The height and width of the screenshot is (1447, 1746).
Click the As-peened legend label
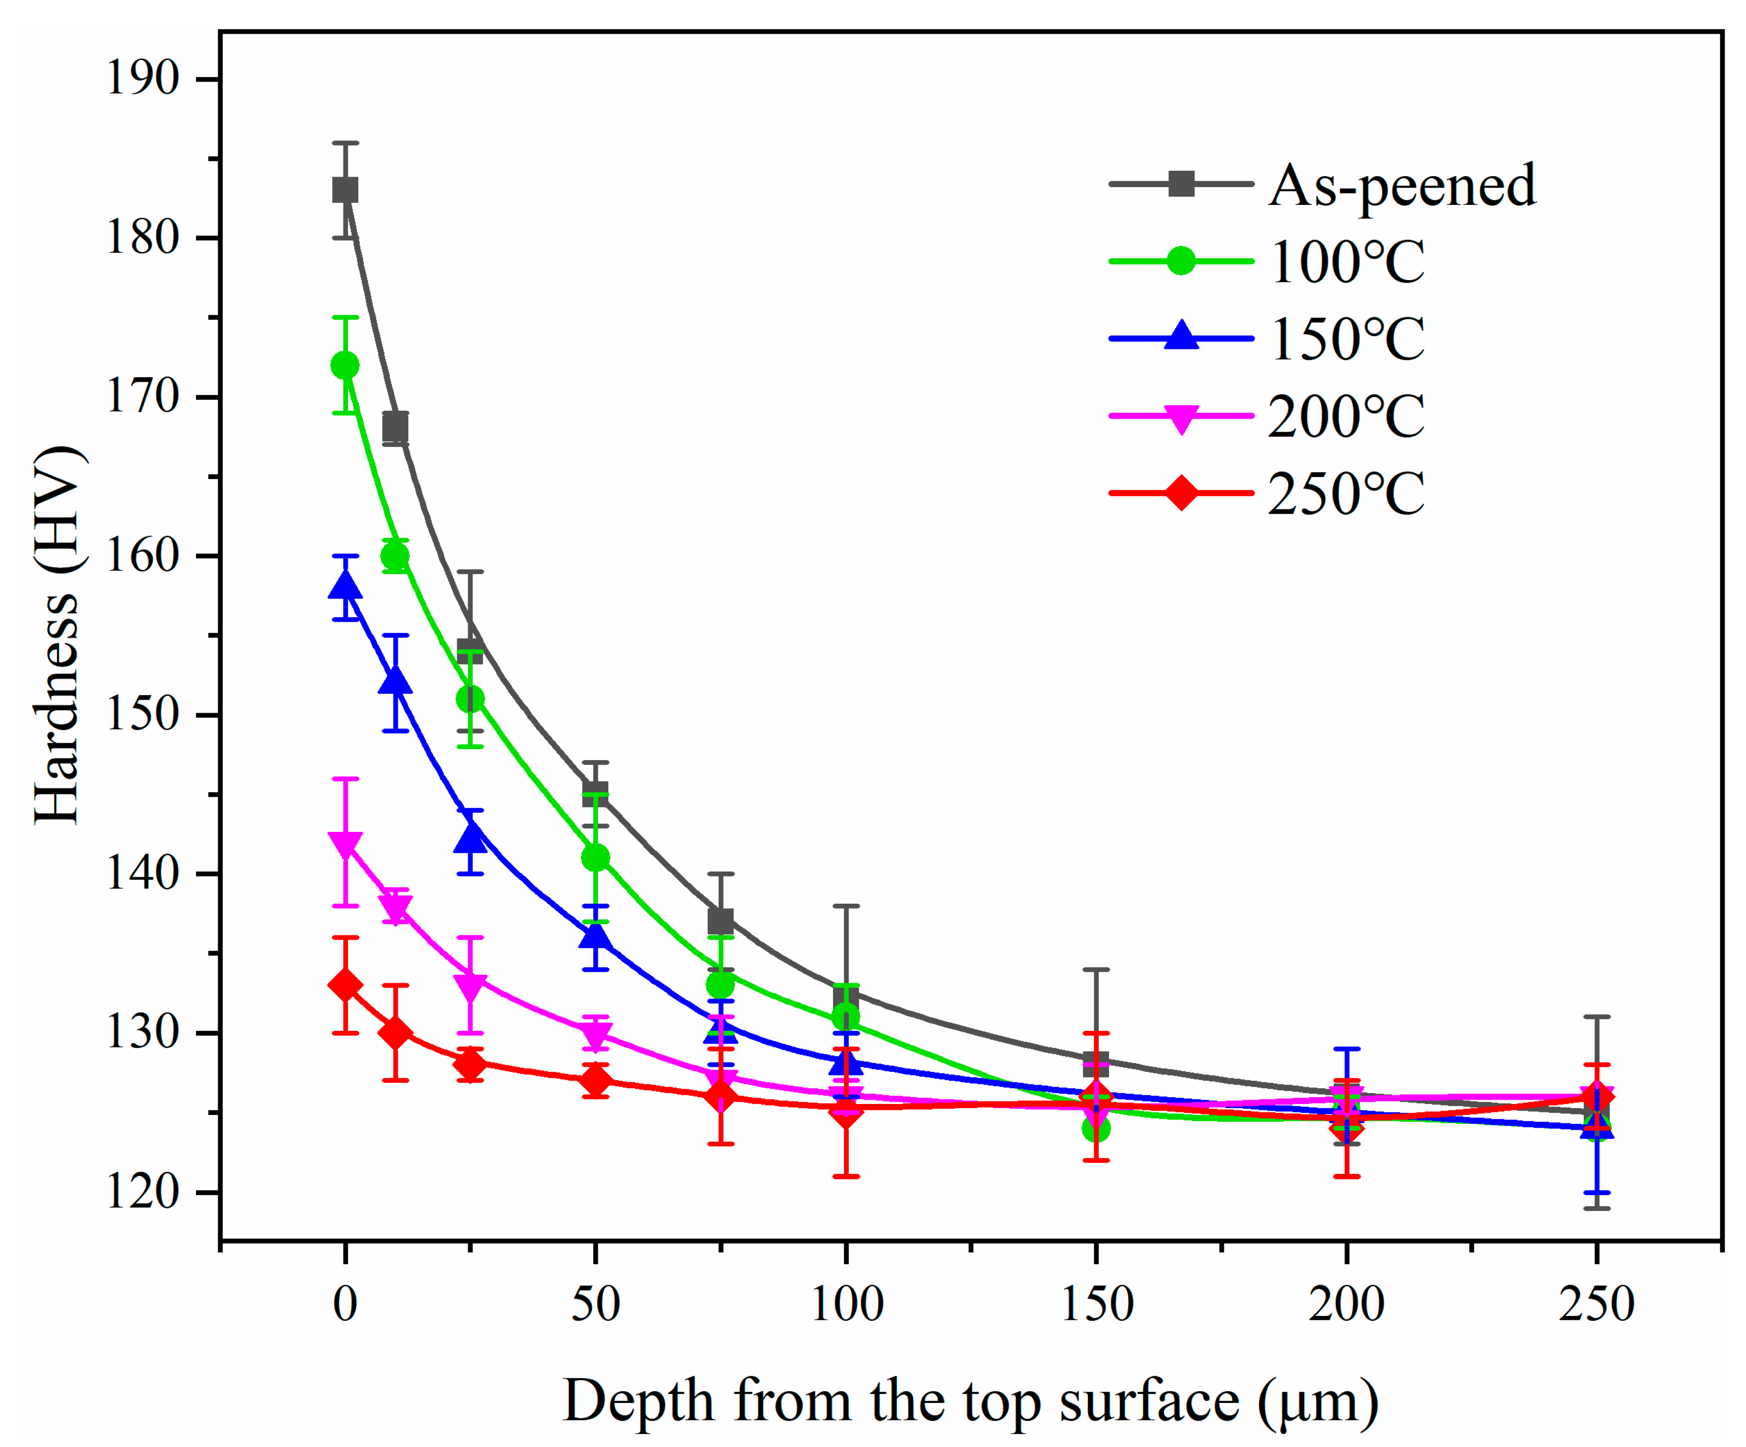click(x=1402, y=186)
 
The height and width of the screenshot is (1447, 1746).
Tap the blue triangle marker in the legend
click(x=1181, y=338)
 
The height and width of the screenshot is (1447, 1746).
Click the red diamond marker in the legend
click(x=1181, y=493)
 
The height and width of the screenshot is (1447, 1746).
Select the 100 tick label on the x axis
click(x=846, y=1304)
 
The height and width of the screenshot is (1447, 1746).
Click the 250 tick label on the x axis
click(x=1597, y=1304)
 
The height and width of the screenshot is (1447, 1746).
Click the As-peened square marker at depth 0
click(x=345, y=191)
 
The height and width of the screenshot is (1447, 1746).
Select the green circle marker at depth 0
click(x=345, y=366)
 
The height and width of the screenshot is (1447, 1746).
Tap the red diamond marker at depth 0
click(x=345, y=985)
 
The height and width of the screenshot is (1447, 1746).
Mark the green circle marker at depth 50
click(x=595, y=858)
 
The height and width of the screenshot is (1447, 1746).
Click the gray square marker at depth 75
click(x=721, y=921)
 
